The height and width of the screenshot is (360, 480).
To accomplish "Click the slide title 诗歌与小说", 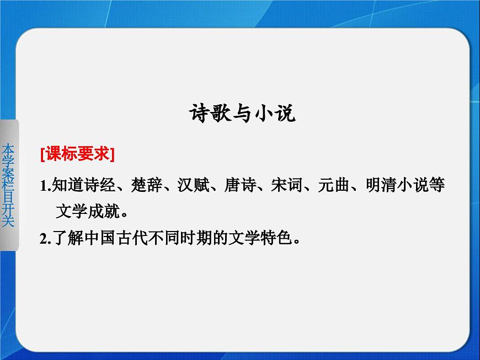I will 242,115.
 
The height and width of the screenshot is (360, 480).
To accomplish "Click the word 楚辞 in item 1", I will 142,186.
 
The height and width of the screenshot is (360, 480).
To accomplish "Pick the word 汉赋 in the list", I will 189,186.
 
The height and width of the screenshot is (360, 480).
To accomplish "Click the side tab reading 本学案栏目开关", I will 9,185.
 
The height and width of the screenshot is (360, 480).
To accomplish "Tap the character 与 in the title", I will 242,115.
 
